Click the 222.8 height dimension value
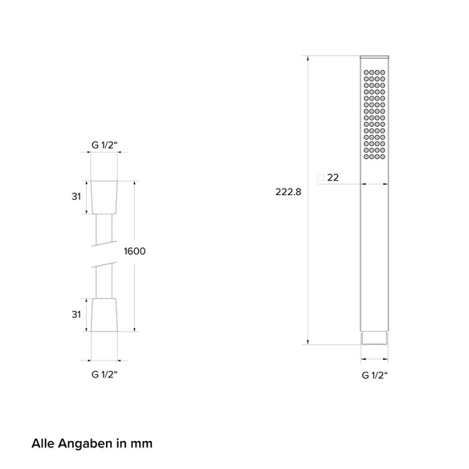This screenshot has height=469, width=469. click(x=288, y=192)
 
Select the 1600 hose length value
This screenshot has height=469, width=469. click(x=135, y=251)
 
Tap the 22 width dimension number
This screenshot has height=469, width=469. click(x=333, y=177)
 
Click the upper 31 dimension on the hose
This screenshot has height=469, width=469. click(x=76, y=197)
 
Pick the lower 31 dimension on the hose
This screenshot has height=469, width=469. click(x=76, y=314)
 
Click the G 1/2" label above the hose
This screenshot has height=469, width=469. click(x=104, y=145)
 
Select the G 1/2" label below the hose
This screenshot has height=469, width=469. click(x=104, y=374)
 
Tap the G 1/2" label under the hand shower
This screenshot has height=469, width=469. click(x=374, y=375)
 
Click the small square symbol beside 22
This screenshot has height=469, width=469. click(x=320, y=177)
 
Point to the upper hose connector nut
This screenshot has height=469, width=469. click(x=104, y=198)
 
